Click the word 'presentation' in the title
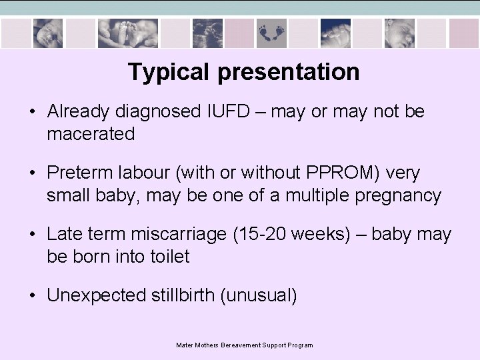(x=289, y=72)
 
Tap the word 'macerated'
(x=91, y=134)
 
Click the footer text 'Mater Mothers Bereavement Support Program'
(x=244, y=345)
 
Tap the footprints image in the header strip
(x=271, y=33)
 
